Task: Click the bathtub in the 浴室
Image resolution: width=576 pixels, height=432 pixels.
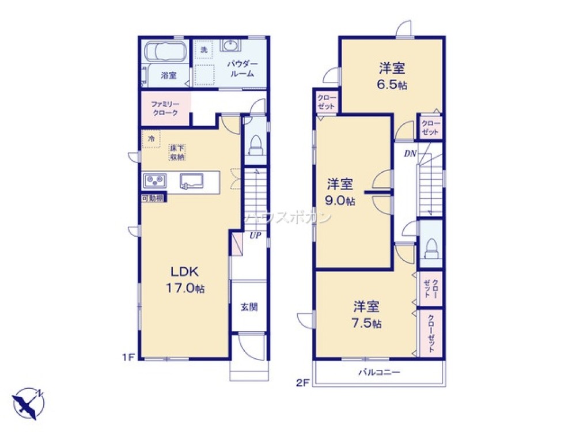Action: coord(165,51)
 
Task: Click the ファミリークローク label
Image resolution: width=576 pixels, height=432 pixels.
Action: coord(165,109)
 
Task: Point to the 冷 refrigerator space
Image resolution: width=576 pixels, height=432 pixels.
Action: coord(151,138)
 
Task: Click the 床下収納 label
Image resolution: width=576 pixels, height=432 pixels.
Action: coord(177,153)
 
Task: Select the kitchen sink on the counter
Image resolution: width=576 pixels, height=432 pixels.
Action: coord(192,181)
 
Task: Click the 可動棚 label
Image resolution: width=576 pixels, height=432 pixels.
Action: coord(153,198)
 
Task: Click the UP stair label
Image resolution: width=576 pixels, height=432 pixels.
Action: coord(255,236)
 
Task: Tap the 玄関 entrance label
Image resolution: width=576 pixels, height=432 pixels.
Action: coord(249,307)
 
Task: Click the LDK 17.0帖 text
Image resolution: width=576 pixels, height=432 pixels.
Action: coord(185,279)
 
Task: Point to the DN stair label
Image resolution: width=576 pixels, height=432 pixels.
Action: coord(410,154)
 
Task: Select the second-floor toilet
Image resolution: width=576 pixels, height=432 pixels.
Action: coord(430,249)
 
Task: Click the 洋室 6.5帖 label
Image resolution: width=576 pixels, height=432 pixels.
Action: coord(392,76)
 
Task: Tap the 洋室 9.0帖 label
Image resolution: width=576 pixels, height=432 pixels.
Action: coord(340,192)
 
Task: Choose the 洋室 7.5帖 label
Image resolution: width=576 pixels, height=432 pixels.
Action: coord(366,314)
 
